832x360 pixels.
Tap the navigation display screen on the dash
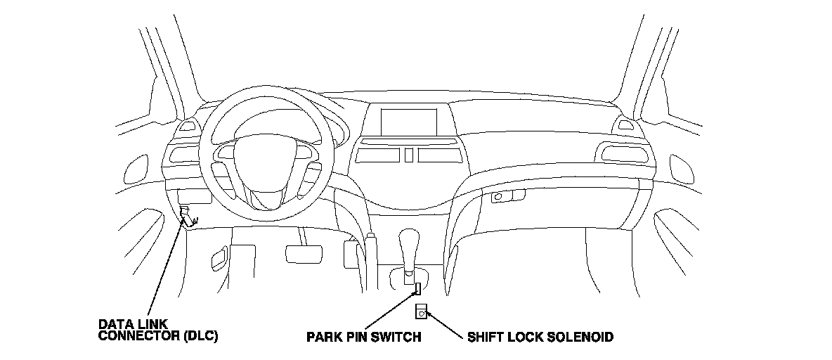point(409,121)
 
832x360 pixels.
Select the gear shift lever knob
point(410,243)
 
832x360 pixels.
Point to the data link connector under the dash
point(188,214)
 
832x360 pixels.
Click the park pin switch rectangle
point(417,288)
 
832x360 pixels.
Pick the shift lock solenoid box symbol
point(422,310)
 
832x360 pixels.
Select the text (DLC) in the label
point(200,336)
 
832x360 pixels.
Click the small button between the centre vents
point(408,155)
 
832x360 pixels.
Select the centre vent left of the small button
point(377,154)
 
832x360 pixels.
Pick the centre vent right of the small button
point(439,154)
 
